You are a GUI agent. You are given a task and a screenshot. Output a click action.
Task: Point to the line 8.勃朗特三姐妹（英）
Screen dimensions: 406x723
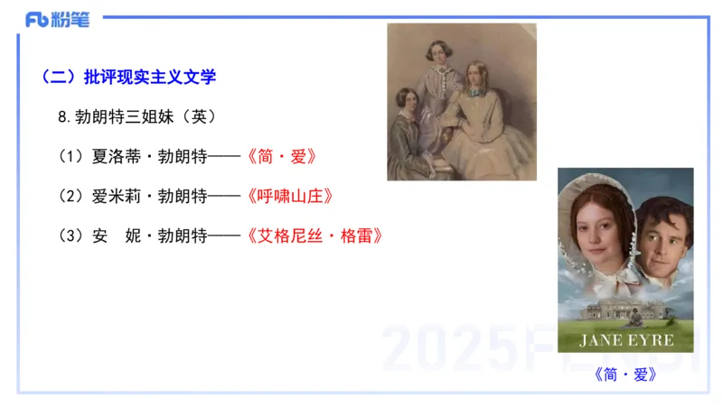pos(136,117)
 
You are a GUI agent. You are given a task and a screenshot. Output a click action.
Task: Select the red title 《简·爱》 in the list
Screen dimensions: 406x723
pos(281,156)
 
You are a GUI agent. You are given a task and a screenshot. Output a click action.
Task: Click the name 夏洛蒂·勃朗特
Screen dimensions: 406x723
pos(149,156)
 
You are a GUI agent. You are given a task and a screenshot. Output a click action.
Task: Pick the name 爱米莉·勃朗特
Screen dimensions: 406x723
pos(149,196)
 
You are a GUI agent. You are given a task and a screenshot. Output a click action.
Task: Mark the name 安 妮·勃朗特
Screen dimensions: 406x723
pos(149,235)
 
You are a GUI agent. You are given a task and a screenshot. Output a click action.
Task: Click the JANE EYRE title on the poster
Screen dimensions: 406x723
pos(626,340)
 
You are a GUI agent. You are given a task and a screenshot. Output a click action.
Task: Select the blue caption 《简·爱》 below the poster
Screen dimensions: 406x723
pos(626,374)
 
